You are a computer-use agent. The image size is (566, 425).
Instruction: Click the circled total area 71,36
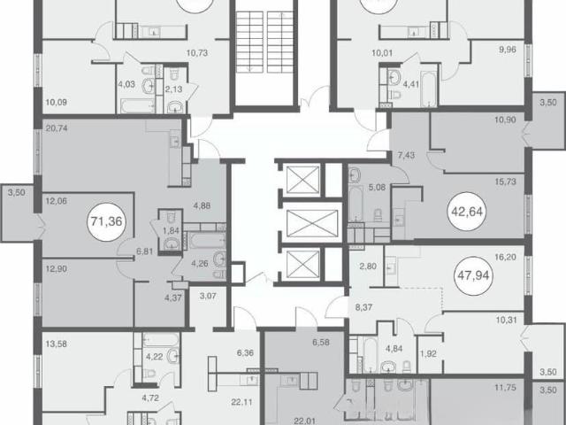point(107,221)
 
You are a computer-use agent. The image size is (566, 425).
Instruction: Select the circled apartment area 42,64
point(467,212)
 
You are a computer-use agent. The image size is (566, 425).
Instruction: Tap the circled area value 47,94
point(473,275)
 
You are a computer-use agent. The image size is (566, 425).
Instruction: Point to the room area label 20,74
point(57,127)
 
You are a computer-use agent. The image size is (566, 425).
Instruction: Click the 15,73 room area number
point(505,182)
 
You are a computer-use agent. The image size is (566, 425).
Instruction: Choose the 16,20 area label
point(505,258)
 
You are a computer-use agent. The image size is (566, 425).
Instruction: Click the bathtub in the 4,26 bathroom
point(204,241)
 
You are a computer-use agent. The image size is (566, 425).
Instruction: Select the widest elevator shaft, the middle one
point(312,224)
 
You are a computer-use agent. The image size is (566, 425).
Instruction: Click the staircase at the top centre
point(264,42)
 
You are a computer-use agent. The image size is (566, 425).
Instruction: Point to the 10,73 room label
point(197,53)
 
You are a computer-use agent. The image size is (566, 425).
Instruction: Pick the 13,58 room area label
point(57,344)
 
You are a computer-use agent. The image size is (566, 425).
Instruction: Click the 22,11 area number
point(241,401)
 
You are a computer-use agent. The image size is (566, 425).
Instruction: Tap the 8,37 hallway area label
point(363,307)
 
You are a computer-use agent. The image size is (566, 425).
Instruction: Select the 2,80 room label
point(368,267)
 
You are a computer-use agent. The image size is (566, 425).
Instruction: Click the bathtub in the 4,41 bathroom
point(428,89)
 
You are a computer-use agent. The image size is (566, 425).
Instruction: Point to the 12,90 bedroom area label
point(57,269)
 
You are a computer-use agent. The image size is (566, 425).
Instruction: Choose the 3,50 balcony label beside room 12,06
point(17,193)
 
